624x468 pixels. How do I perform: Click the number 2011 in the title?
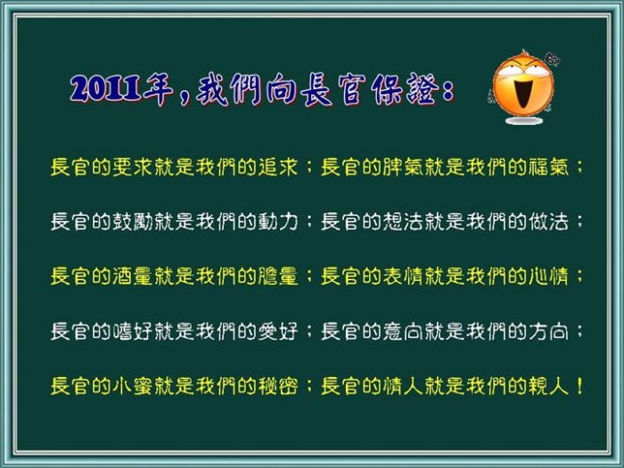106,89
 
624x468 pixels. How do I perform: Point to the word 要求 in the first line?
133,167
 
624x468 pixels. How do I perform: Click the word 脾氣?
403,167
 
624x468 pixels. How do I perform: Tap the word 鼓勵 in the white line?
133,222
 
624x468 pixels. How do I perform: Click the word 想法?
403,222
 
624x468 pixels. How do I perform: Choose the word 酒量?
133,276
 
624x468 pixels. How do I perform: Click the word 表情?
403,276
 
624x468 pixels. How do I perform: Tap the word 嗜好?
133,332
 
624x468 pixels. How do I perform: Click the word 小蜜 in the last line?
133,386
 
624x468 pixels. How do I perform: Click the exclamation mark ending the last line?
579,386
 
